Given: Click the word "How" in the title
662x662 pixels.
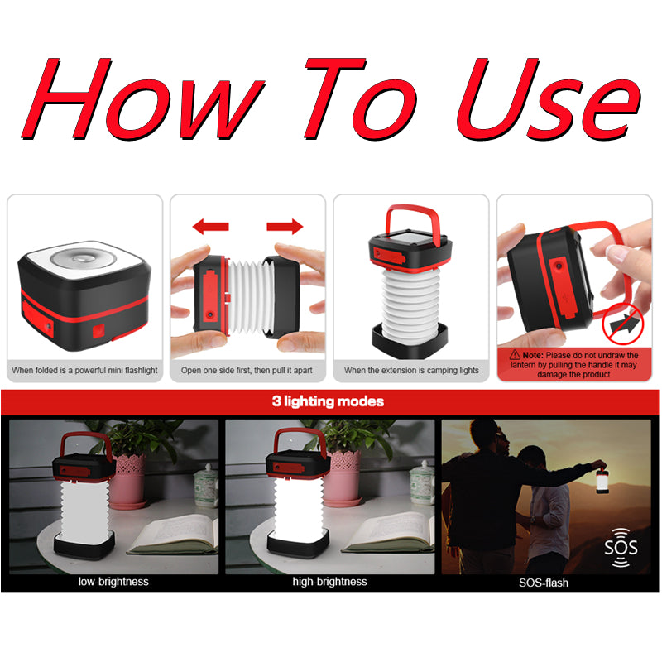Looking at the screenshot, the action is tap(143, 99).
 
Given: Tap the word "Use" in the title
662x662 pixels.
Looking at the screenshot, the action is tap(549, 99).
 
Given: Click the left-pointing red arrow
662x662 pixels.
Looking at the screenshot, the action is tap(210, 227).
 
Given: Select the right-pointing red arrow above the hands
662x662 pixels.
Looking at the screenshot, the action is tap(285, 227).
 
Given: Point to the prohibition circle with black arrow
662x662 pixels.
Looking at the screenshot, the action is tap(623, 324).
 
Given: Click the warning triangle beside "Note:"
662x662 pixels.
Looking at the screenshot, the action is tap(515, 355).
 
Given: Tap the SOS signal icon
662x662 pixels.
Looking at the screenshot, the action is tap(621, 548).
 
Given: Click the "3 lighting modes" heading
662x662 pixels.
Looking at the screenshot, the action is tap(328, 401).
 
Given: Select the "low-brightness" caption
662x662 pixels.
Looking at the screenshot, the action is tap(113, 582).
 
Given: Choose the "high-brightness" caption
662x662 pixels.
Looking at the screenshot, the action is tap(329, 582).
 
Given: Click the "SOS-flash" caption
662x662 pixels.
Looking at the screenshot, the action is tap(544, 583).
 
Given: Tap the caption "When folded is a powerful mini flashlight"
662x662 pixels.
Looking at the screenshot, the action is tap(84, 370).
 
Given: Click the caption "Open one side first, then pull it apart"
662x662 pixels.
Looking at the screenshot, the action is tap(247, 370).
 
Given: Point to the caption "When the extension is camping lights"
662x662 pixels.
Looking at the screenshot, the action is tap(411, 370).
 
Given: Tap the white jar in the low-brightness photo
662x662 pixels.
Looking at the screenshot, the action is tap(206, 486).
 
